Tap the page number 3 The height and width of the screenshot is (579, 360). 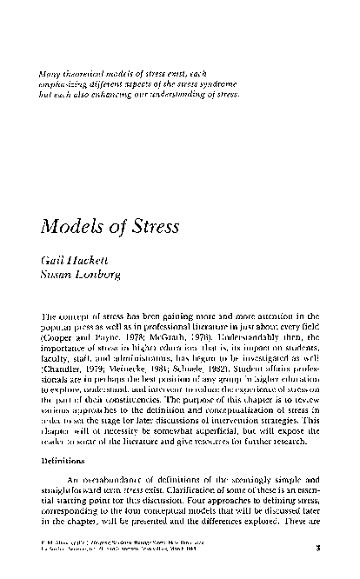(319, 548)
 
